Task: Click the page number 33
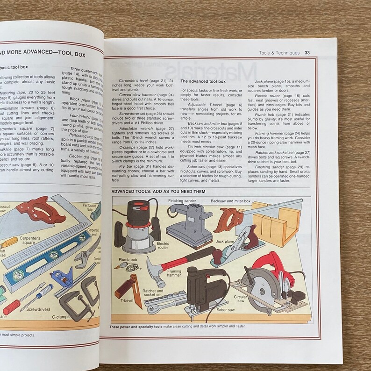[x=307, y=53]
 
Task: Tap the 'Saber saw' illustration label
[x=226, y=309]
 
